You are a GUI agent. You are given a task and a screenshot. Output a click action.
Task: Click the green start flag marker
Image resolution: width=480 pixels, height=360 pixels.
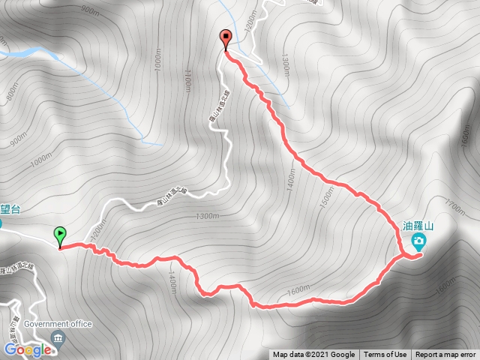[60, 235]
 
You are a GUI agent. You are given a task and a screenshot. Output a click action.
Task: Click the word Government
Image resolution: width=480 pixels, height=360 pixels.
[46, 324]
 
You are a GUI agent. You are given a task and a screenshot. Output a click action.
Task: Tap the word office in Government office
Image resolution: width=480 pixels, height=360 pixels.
[81, 324]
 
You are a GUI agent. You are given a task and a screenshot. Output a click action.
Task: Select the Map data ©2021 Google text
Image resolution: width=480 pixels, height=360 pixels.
[313, 355]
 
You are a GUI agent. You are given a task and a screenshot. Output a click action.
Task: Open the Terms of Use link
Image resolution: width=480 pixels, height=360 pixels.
[385, 355]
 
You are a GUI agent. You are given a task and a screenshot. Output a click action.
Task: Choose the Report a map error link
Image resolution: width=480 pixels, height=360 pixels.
[445, 355]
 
